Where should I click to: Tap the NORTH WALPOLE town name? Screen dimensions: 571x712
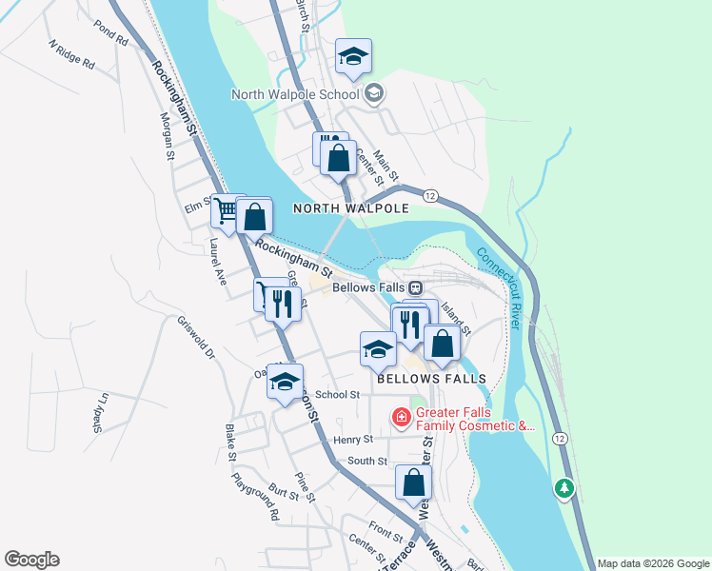(350, 207)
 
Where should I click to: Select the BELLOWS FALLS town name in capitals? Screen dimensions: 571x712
(431, 378)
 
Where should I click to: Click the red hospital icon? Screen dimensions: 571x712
(401, 417)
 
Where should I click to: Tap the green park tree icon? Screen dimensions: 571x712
(564, 488)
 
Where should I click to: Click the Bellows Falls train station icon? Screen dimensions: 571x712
(415, 286)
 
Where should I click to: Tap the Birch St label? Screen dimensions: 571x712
(303, 13)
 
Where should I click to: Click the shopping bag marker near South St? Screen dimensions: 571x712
(413, 483)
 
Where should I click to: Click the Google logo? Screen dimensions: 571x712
(31, 560)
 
